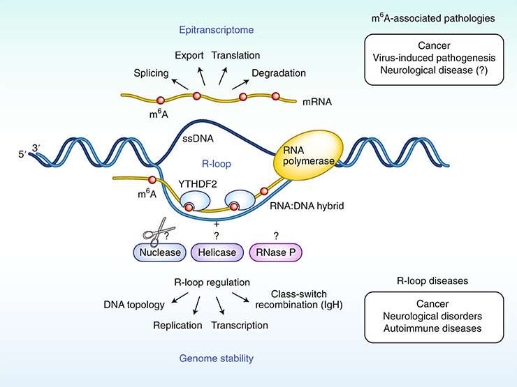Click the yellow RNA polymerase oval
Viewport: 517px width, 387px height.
point(302,159)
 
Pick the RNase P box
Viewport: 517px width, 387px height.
point(277,252)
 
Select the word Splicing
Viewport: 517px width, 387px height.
point(151,72)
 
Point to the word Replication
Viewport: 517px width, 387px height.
point(178,325)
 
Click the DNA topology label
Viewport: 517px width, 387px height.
point(133,305)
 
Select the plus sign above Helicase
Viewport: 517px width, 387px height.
point(217,224)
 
